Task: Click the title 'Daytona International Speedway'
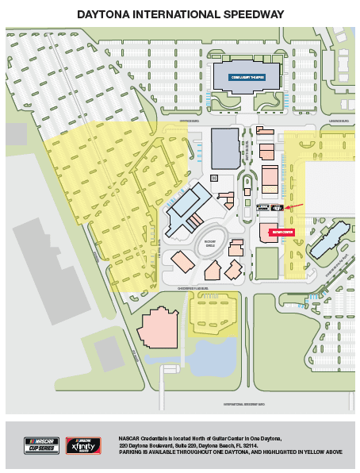click(x=180, y=14)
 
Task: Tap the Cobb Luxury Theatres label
click(x=246, y=77)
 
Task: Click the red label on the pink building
click(x=282, y=233)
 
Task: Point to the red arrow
click(x=294, y=206)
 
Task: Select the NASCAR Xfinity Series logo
click(x=83, y=444)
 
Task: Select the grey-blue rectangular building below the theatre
click(x=224, y=148)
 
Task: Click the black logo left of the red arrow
click(x=276, y=207)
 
